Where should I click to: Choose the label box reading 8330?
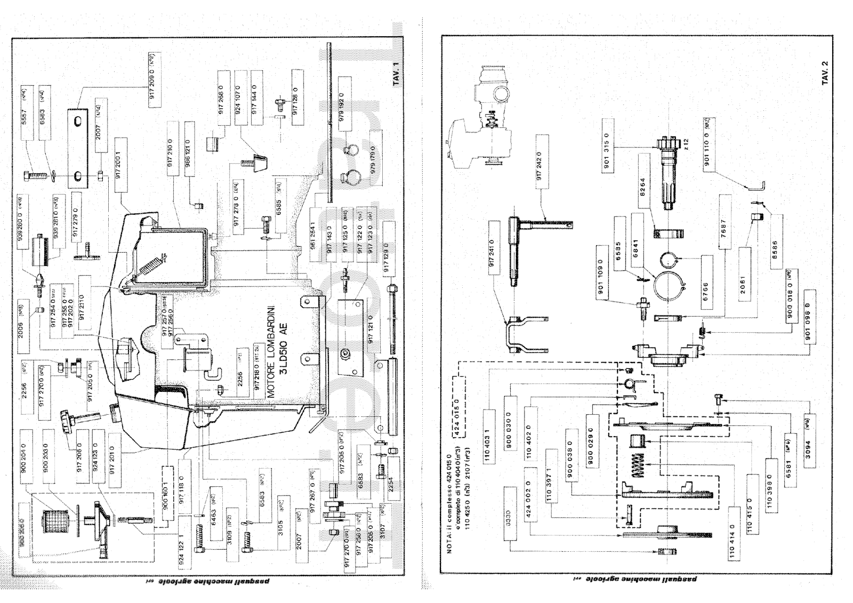pos(507,517)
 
